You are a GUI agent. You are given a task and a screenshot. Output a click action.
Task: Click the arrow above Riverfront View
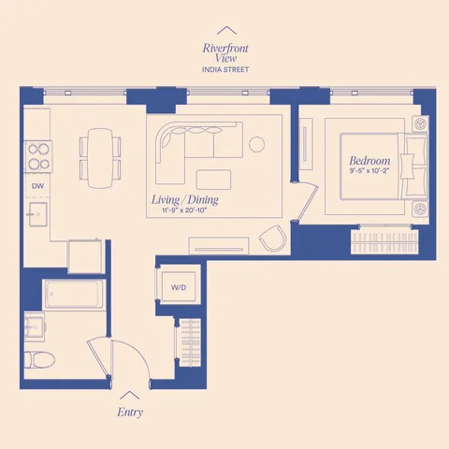[224, 31]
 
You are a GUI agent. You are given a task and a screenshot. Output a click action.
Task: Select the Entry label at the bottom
[130, 412]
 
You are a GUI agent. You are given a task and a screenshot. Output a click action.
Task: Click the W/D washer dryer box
[178, 286]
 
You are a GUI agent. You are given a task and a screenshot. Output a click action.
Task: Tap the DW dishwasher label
[37, 186]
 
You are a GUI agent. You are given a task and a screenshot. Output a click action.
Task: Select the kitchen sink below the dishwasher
[37, 216]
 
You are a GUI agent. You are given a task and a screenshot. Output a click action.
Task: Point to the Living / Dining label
[185, 201]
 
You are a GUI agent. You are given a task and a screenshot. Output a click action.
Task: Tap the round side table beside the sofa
[258, 144]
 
